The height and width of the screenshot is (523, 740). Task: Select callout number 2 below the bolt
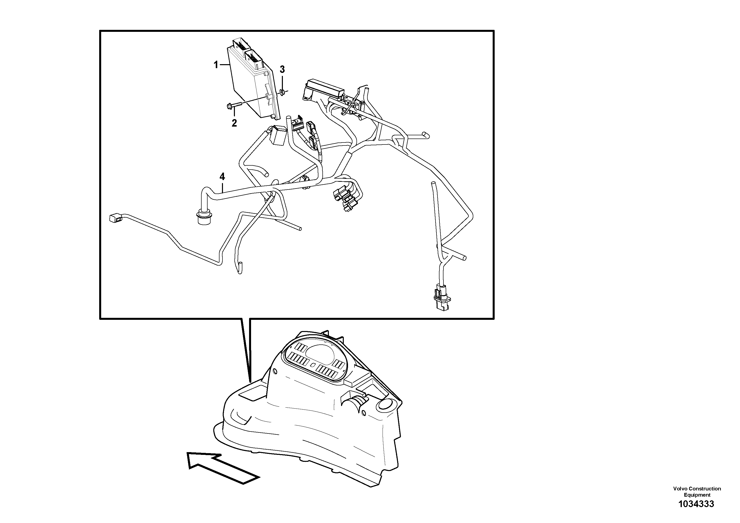234,123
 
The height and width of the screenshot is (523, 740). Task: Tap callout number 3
282,69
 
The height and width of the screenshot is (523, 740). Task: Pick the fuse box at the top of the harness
324,89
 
